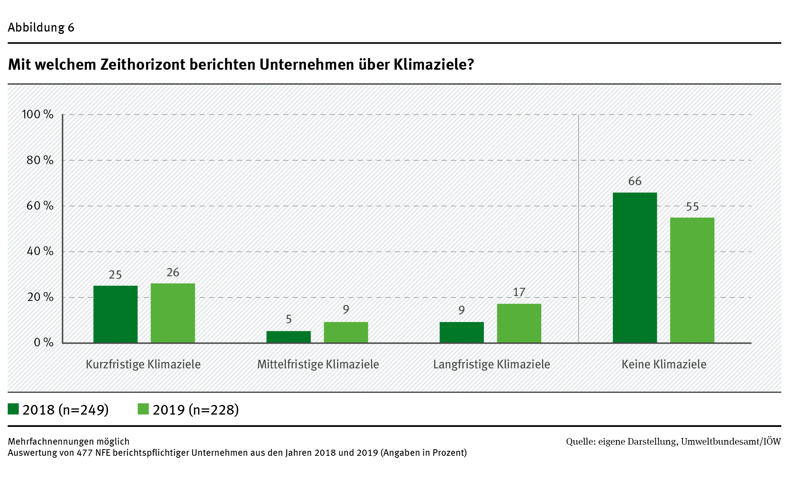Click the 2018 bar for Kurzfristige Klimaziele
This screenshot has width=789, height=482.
(115, 314)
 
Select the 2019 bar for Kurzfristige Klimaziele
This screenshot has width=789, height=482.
(173, 313)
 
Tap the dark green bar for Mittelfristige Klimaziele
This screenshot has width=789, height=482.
(289, 337)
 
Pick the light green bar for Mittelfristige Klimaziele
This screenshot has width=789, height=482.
(346, 332)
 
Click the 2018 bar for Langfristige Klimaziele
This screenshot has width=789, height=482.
(462, 332)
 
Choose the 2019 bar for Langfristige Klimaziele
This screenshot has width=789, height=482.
(519, 323)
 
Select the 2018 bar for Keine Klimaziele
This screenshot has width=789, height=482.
(635, 267)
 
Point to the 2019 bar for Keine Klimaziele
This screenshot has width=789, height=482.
(692, 280)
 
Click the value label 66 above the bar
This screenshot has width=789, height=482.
(635, 181)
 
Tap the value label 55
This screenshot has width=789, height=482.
(692, 207)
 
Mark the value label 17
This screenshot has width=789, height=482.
(519, 292)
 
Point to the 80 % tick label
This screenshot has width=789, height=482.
(40, 160)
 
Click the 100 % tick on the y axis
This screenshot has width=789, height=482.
(37, 114)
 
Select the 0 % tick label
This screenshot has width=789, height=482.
(44, 343)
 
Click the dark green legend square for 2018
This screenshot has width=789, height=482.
(13, 409)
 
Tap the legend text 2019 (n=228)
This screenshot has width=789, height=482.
(196, 410)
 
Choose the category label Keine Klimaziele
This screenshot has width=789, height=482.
(664, 364)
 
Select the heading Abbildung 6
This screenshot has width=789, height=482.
(41, 28)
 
